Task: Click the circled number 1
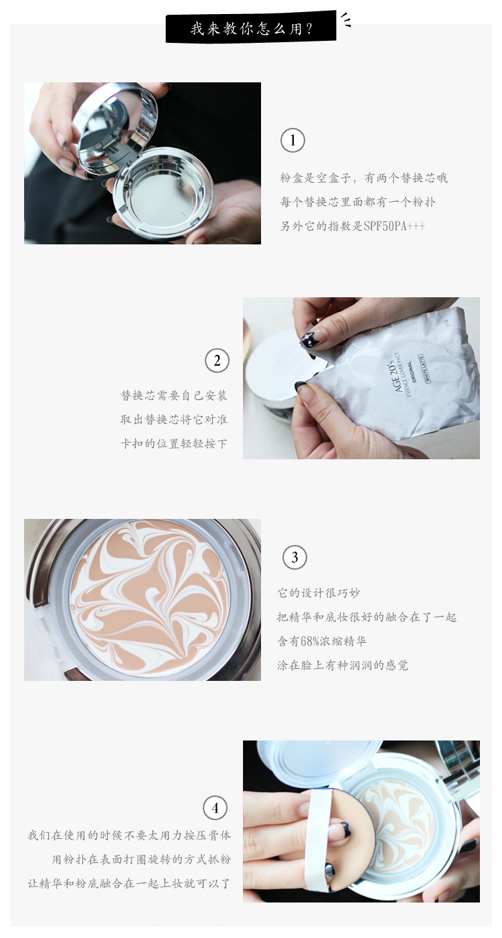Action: tap(292, 141)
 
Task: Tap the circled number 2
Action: tap(217, 361)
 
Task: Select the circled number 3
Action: tap(295, 557)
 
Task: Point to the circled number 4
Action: tap(216, 807)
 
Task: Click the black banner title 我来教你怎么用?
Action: tap(251, 29)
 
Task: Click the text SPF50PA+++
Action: tap(394, 226)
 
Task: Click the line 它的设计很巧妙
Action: tap(319, 593)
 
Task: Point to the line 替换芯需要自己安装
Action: tap(174, 395)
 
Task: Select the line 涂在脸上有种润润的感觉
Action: tap(343, 666)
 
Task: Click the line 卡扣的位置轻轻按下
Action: tap(174, 443)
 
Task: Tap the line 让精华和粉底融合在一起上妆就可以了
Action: tap(129, 884)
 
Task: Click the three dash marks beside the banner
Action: tap(346, 20)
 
